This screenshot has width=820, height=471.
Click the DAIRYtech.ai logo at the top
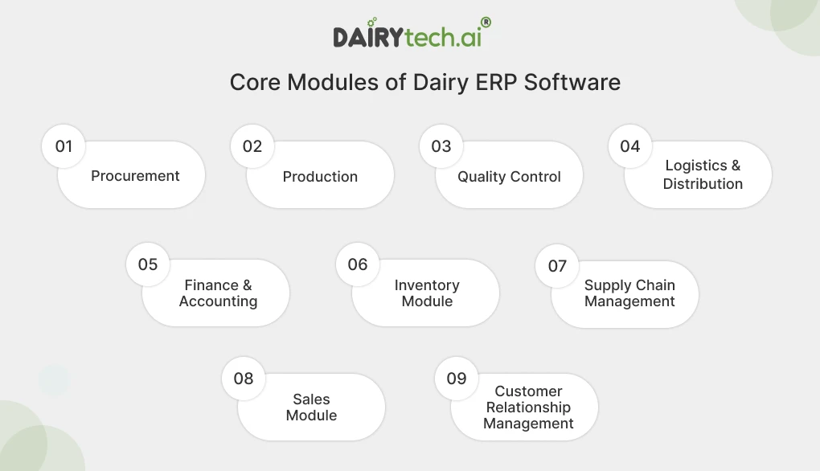[407, 36]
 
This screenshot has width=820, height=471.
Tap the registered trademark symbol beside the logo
[486, 23]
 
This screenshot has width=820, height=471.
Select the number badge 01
[64, 146]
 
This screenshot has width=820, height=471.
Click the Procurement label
[135, 176]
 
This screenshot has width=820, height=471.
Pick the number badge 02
[252, 146]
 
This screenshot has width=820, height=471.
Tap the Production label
[320, 177]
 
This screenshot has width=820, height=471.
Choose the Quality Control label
[509, 177]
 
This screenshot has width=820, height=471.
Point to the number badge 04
[630, 146]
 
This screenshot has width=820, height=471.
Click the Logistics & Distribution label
[702, 174]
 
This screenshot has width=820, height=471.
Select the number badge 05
[148, 264]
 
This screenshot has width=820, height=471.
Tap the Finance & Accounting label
[218, 293]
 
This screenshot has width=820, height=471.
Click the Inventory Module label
[427, 293]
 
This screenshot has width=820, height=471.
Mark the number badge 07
[557, 266]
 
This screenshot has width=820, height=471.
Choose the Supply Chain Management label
[629, 293]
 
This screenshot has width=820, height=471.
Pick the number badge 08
[244, 379]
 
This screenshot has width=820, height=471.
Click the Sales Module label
[311, 408]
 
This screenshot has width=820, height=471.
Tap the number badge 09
[457, 379]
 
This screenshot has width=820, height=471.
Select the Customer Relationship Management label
[528, 408]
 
